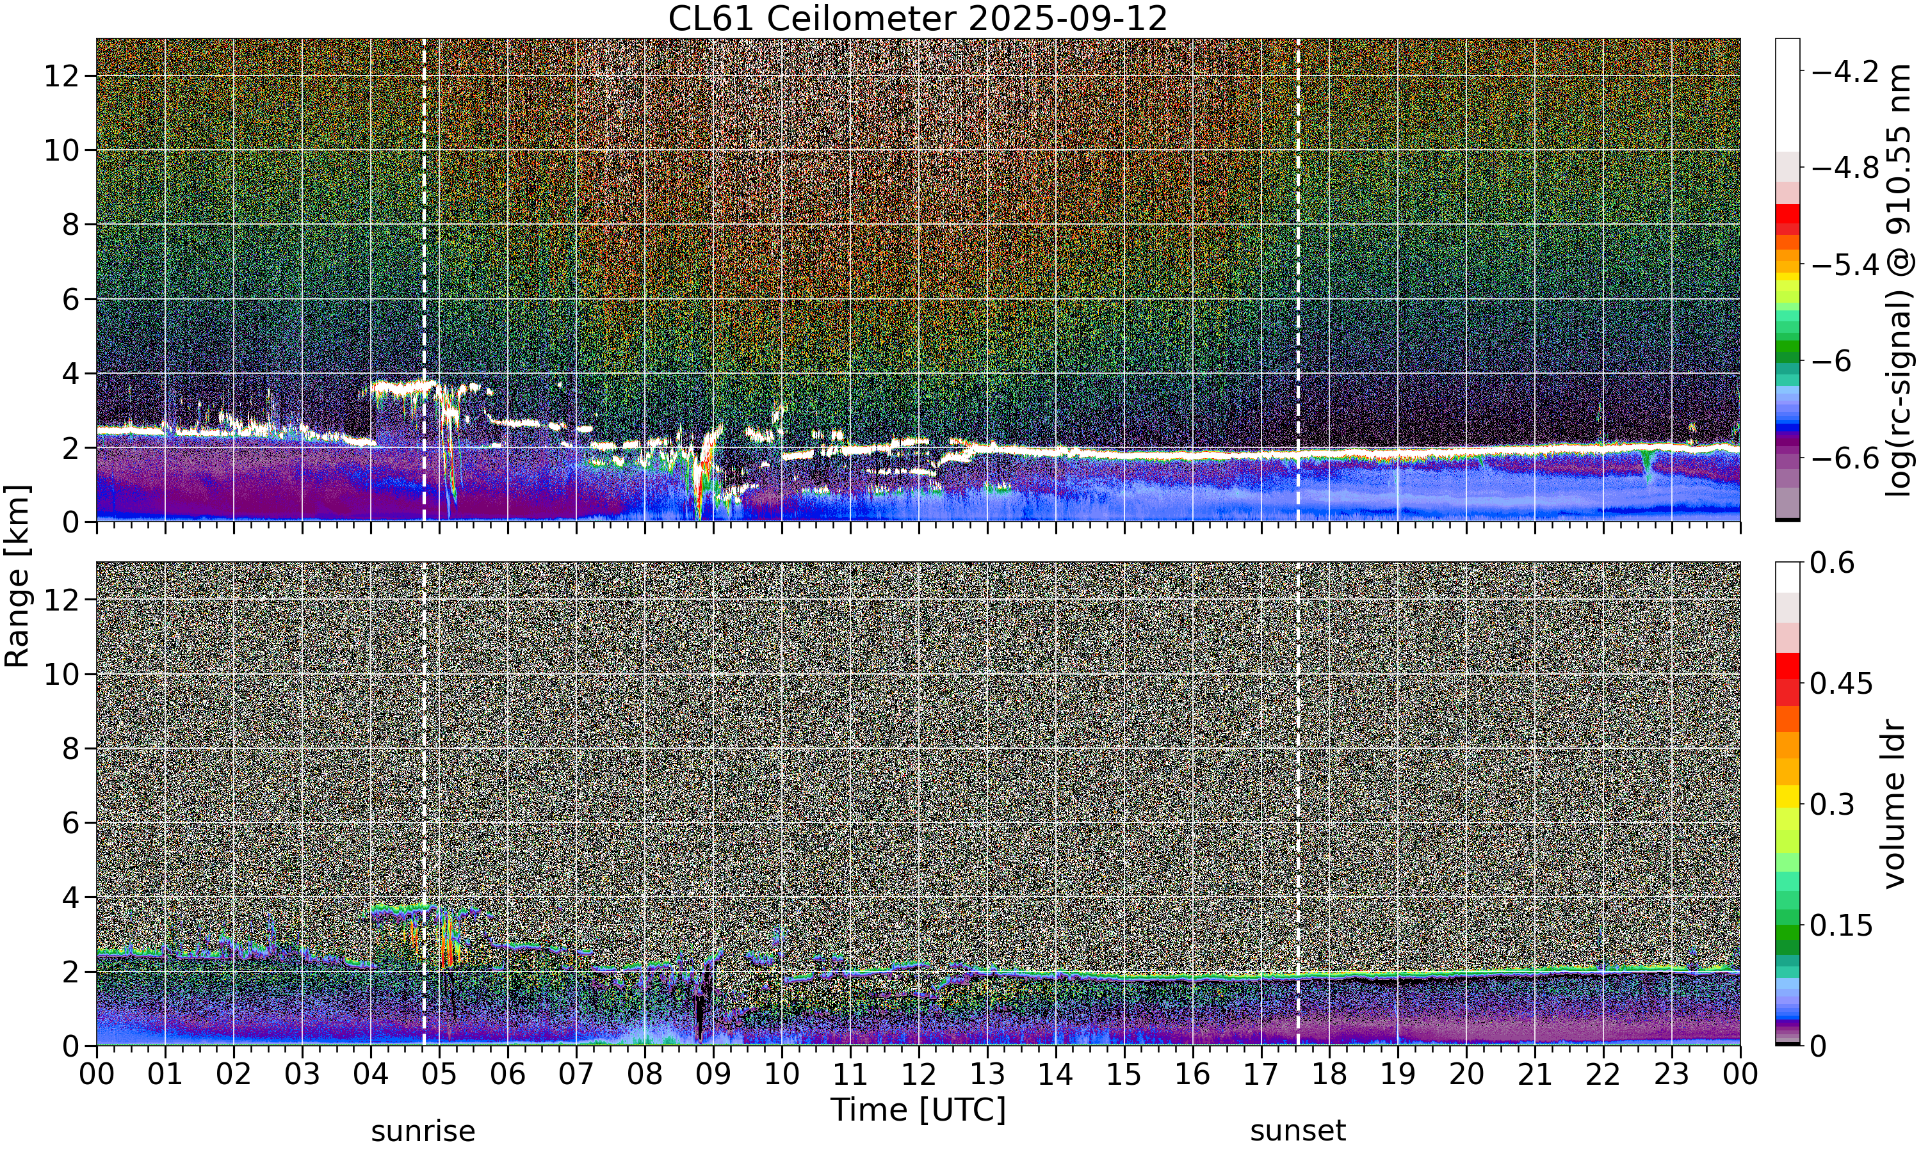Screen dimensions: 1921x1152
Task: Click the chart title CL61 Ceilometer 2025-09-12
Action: click(918, 19)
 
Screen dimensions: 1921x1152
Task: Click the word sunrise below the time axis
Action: click(423, 1131)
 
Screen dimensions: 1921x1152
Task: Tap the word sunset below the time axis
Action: click(1297, 1131)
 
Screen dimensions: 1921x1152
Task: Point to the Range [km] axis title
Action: click(17, 577)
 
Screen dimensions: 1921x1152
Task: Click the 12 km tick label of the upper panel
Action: click(61, 76)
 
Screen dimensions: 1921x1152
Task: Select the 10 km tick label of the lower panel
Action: click(61, 674)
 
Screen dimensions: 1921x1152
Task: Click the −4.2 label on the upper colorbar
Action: click(1845, 72)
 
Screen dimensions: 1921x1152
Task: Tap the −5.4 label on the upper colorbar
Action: click(1845, 266)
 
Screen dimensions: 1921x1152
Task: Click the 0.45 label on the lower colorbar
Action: click(1842, 683)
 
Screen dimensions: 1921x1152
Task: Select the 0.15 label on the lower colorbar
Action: click(1842, 925)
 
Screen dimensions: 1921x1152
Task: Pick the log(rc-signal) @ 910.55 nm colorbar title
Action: click(1899, 280)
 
